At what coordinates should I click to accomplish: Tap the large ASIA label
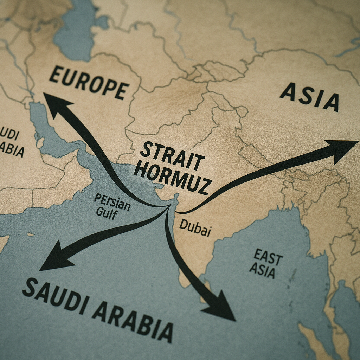pyautogui.click(x=309, y=97)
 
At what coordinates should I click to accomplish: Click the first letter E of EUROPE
pyautogui.click(x=55, y=75)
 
